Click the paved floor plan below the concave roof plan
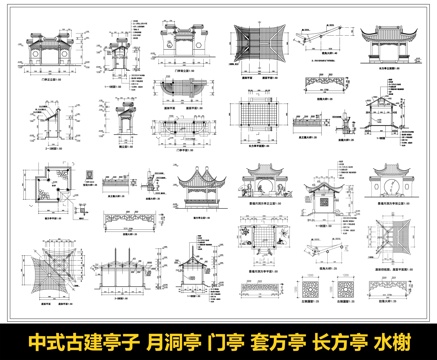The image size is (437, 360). [261, 127]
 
